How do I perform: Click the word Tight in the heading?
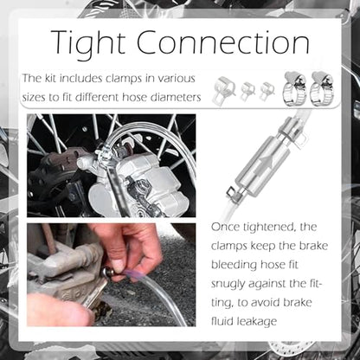[x=89, y=43]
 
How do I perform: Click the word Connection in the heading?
[x=223, y=42]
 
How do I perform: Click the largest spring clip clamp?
[x=224, y=90]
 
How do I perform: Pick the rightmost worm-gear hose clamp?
[x=321, y=89]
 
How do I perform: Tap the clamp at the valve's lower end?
[x=235, y=194]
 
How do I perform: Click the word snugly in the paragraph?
[x=228, y=285]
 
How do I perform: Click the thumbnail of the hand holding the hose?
[x=112, y=274]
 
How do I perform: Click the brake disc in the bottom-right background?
[x=292, y=350]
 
